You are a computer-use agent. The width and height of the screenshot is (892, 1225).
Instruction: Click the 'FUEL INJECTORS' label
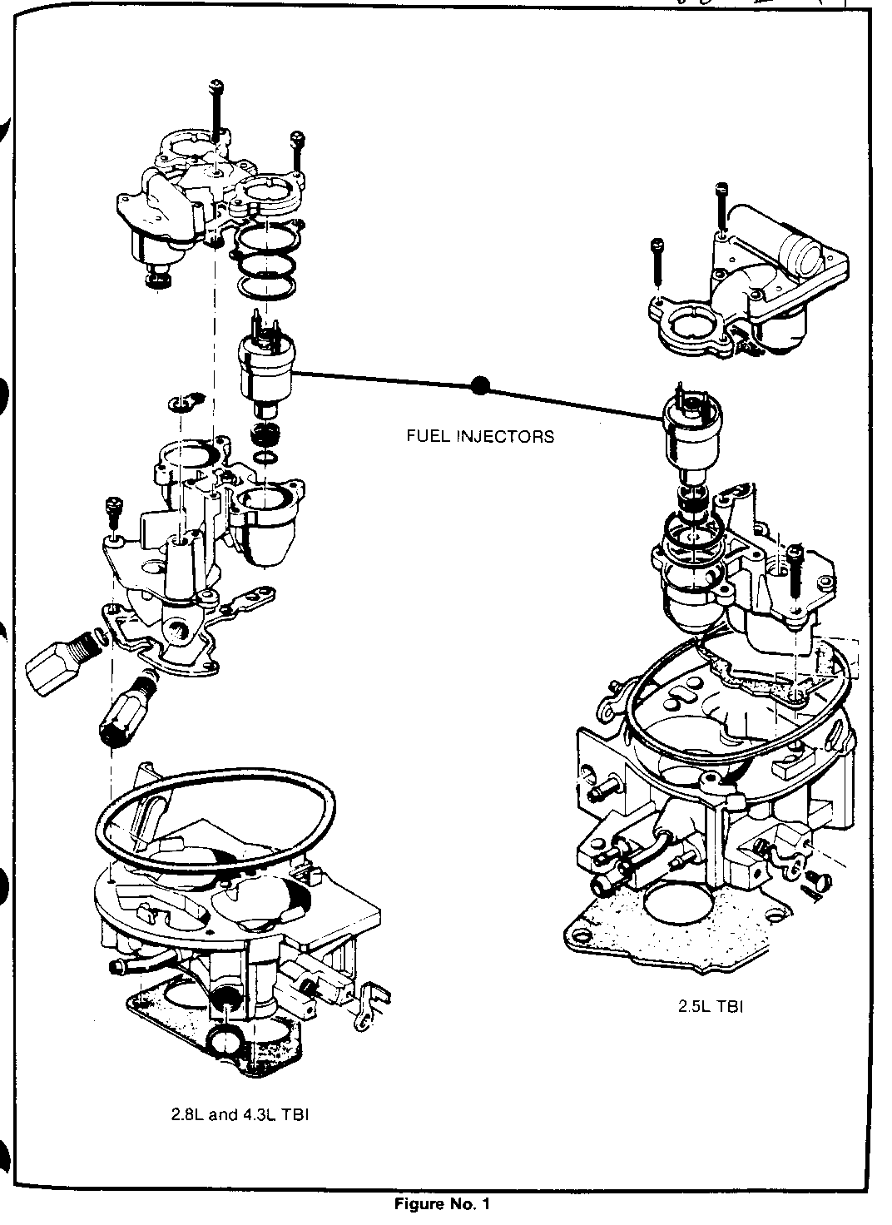479,436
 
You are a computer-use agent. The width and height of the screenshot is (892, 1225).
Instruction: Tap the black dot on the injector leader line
480,385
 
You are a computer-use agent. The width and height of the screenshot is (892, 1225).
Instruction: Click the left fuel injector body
264,369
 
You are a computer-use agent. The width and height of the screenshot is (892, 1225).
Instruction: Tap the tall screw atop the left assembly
216,117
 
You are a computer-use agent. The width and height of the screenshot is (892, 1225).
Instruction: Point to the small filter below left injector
265,435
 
